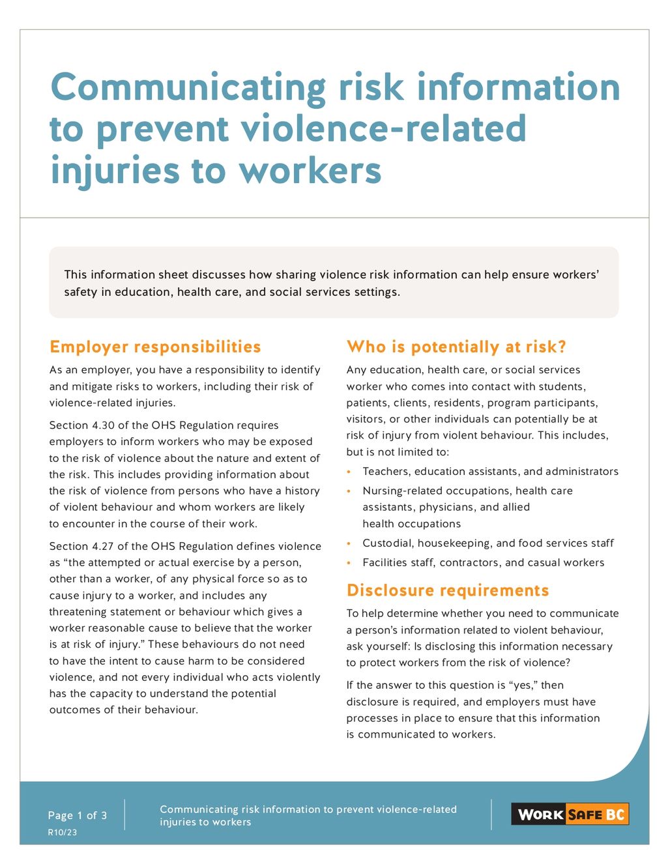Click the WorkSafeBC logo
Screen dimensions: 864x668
pos(570,814)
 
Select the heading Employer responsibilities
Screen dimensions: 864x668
pos(155,347)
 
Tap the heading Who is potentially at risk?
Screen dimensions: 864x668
pos(456,347)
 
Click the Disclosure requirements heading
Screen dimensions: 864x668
pos(448,590)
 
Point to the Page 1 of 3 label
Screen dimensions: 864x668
pos(78,815)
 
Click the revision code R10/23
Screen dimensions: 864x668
pos(63,832)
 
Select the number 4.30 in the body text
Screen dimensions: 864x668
pos(103,425)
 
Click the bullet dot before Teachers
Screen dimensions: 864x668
pos(349,472)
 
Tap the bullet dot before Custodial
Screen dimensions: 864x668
pos(349,543)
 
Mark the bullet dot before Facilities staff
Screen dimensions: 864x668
pos(349,563)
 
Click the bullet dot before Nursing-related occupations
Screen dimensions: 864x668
pos(349,491)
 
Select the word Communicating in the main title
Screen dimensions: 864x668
pos(188,87)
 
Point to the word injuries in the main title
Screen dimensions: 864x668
pos(115,171)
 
